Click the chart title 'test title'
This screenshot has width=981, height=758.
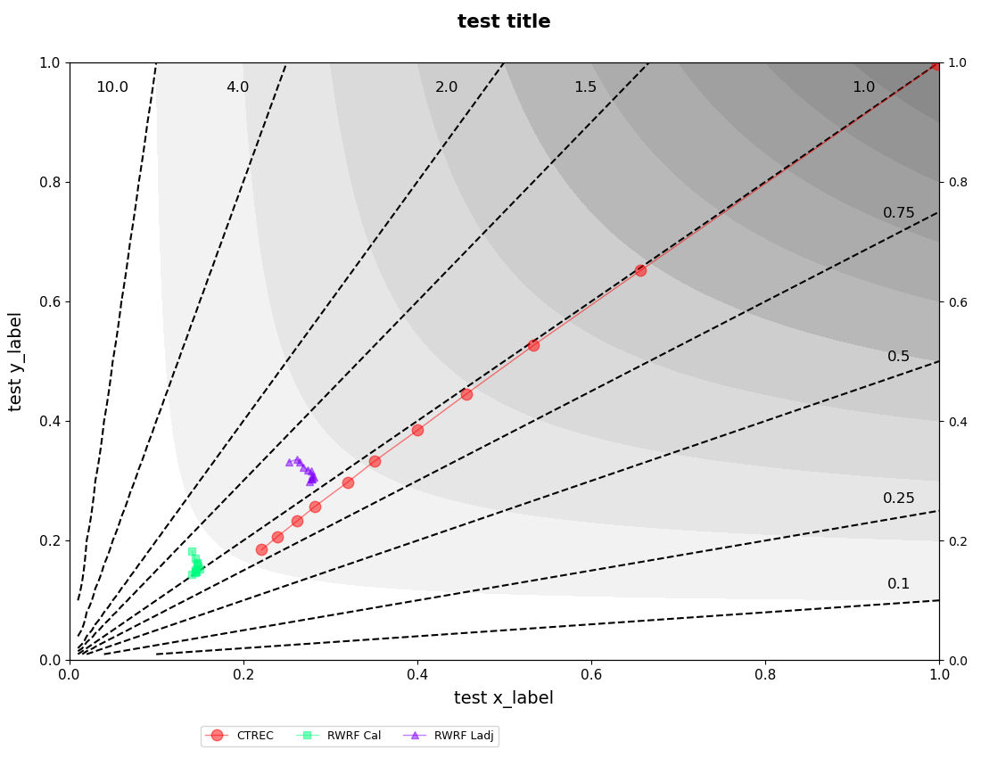click(x=504, y=21)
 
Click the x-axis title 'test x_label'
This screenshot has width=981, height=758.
click(x=504, y=698)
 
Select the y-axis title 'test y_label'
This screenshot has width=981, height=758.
click(x=15, y=361)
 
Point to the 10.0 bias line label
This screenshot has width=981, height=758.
click(x=112, y=87)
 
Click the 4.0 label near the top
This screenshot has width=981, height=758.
click(x=237, y=87)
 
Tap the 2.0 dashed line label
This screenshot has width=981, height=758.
click(x=446, y=87)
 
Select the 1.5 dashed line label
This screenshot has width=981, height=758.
click(x=585, y=87)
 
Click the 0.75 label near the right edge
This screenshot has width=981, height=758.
click(x=899, y=213)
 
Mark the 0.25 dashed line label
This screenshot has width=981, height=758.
click(x=899, y=498)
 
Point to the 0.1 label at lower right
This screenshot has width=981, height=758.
click(x=899, y=584)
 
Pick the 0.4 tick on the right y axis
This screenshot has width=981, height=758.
click(x=957, y=421)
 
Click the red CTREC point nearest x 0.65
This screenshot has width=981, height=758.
click(x=640, y=270)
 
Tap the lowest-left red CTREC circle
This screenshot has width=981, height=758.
click(x=261, y=549)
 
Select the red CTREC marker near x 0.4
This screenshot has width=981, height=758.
click(x=417, y=430)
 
